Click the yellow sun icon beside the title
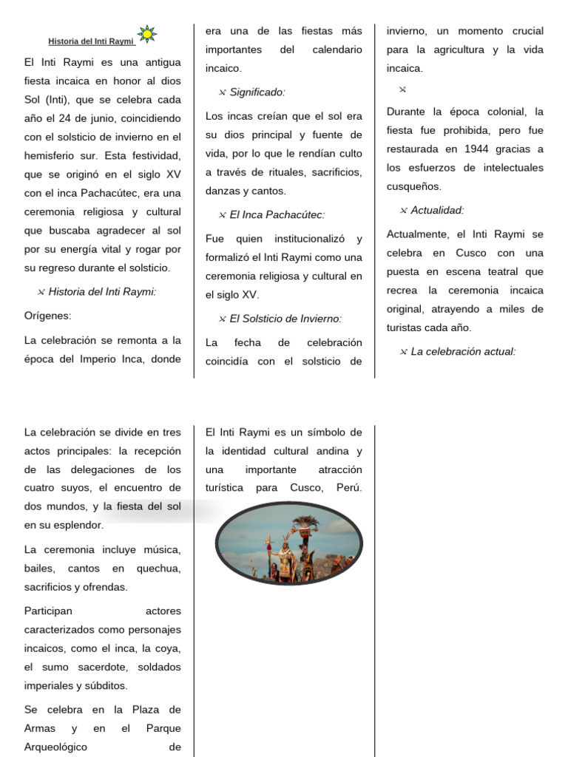tap(148, 33)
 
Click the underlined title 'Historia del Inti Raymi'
tap(92, 41)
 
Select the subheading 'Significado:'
tap(257, 92)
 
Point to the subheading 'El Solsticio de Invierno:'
tap(285, 319)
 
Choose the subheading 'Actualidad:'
tap(437, 210)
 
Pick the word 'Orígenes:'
tap(47, 316)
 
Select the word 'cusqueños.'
tap(414, 186)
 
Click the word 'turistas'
tap(408, 327)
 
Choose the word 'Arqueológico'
tap(56, 747)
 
